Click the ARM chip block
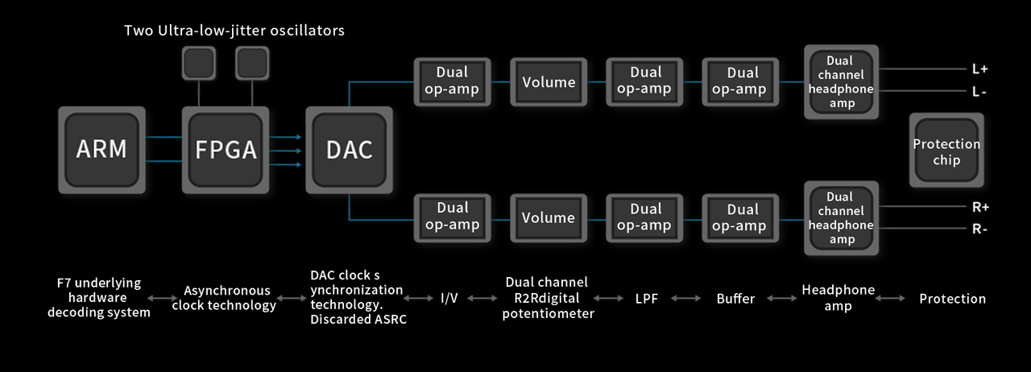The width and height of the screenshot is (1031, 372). coord(101,150)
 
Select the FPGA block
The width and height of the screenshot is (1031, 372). coord(226,150)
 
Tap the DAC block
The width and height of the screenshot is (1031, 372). coord(350,150)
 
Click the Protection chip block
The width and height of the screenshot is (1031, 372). coord(946,150)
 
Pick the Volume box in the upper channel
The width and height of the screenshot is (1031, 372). coord(549,82)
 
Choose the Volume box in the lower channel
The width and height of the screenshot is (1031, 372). coord(549,217)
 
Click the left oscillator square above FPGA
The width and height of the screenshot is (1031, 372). coord(199,63)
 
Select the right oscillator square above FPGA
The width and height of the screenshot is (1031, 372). coord(252,63)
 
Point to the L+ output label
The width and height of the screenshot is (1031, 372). coord(980,69)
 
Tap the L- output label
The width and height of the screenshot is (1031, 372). coord(979,92)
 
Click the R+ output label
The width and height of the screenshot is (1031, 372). coord(980,207)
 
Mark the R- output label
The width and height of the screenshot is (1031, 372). coord(979,229)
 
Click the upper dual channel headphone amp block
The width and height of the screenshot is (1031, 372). coord(842,82)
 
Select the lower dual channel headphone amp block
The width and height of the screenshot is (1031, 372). coord(842,218)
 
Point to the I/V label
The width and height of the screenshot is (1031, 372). coord(449,299)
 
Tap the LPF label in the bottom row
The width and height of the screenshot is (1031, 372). coord(647,299)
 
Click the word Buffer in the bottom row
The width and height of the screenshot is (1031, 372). coord(735,299)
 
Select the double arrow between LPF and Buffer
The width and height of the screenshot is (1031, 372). coord(685,299)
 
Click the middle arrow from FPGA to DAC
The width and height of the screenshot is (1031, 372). coord(285,151)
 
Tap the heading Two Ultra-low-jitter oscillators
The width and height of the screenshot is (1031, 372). coord(234,31)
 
